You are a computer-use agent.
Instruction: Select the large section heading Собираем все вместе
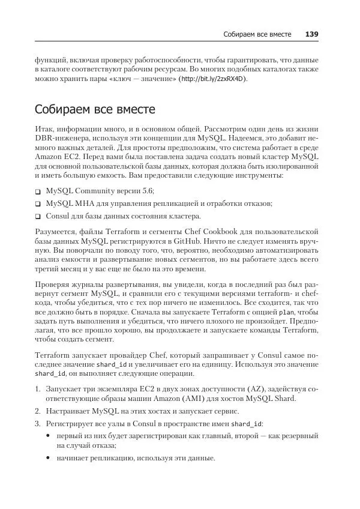click(95, 110)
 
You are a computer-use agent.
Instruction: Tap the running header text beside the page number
click(257, 34)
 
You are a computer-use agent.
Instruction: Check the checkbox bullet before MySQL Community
click(38, 191)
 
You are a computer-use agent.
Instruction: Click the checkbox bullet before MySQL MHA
click(38, 204)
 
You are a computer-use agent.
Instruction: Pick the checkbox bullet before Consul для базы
click(38, 217)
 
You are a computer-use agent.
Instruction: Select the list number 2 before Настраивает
click(37, 411)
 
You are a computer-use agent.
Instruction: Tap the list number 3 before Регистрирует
click(37, 424)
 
